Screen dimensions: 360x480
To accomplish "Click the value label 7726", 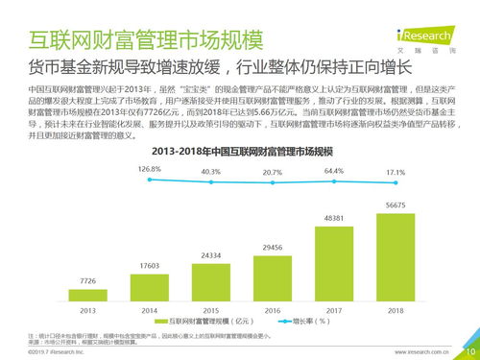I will pyautogui.click(x=87, y=280).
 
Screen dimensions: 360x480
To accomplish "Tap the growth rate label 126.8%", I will pyautogui.click(x=149, y=169).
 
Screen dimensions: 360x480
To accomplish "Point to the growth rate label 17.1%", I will pyautogui.click(x=395, y=173).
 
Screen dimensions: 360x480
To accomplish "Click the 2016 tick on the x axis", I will pyautogui.click(x=272, y=311).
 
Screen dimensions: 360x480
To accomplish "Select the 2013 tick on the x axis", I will pyautogui.click(x=87, y=311).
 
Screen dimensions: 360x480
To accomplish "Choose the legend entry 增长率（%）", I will pyautogui.click(x=309, y=322).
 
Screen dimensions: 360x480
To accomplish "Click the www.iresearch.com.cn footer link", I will pyautogui.click(x=425, y=351).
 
